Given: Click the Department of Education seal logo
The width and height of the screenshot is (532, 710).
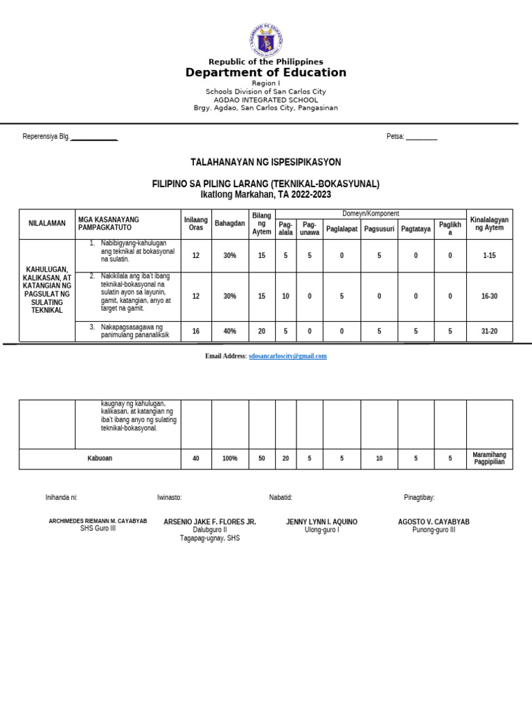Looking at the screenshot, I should pyautogui.click(x=265, y=40).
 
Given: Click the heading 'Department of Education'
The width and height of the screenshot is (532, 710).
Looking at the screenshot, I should pyautogui.click(x=265, y=73).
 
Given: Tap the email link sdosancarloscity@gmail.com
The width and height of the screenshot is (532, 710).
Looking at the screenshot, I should pyautogui.click(x=287, y=356).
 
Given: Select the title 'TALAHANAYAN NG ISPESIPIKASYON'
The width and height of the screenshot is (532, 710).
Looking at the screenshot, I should pyautogui.click(x=265, y=162).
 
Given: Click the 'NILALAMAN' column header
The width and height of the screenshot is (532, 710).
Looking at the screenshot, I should pyautogui.click(x=47, y=223).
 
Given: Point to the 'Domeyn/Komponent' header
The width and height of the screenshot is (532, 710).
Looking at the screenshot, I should pyautogui.click(x=371, y=214).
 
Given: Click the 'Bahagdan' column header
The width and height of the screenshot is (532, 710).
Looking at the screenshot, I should pyautogui.click(x=230, y=224).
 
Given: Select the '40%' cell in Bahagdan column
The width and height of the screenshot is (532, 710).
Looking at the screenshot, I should pyautogui.click(x=230, y=331).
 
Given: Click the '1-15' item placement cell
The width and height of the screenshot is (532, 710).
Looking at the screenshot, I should pyautogui.click(x=489, y=256).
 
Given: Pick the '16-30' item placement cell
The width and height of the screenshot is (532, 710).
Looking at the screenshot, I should pyautogui.click(x=489, y=296).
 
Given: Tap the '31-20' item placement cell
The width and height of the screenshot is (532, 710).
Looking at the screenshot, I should pyautogui.click(x=489, y=331).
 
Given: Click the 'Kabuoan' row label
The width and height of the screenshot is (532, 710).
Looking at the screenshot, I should pyautogui.click(x=100, y=458).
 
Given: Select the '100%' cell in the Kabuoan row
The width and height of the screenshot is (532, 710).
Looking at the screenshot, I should pyautogui.click(x=230, y=458).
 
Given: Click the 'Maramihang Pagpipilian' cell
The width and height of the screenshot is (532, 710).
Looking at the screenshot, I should pyautogui.click(x=489, y=458).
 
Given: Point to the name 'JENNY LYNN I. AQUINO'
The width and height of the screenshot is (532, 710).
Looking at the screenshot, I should pyautogui.click(x=321, y=521).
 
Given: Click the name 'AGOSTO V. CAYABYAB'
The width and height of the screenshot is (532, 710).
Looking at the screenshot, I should pyautogui.click(x=434, y=521).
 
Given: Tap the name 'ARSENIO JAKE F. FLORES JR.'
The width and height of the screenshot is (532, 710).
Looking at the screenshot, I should pyautogui.click(x=209, y=521).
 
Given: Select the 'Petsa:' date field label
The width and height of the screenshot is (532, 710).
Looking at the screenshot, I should pyautogui.click(x=396, y=137).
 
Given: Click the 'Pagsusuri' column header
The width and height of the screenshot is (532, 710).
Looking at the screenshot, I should pyautogui.click(x=379, y=228).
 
